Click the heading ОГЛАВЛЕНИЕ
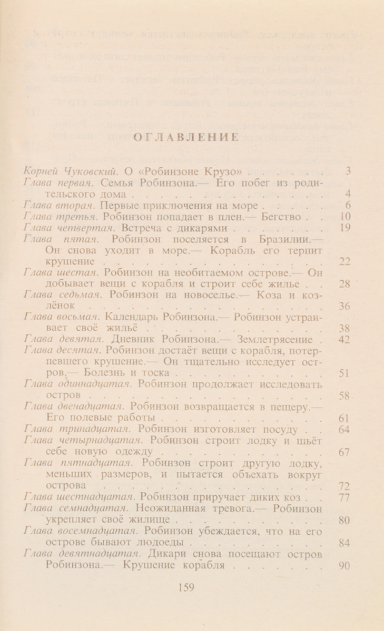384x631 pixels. point(186,138)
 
